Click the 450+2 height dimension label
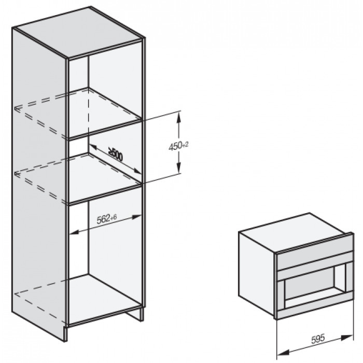coord(177,146)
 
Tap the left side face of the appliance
coord(256,270)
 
